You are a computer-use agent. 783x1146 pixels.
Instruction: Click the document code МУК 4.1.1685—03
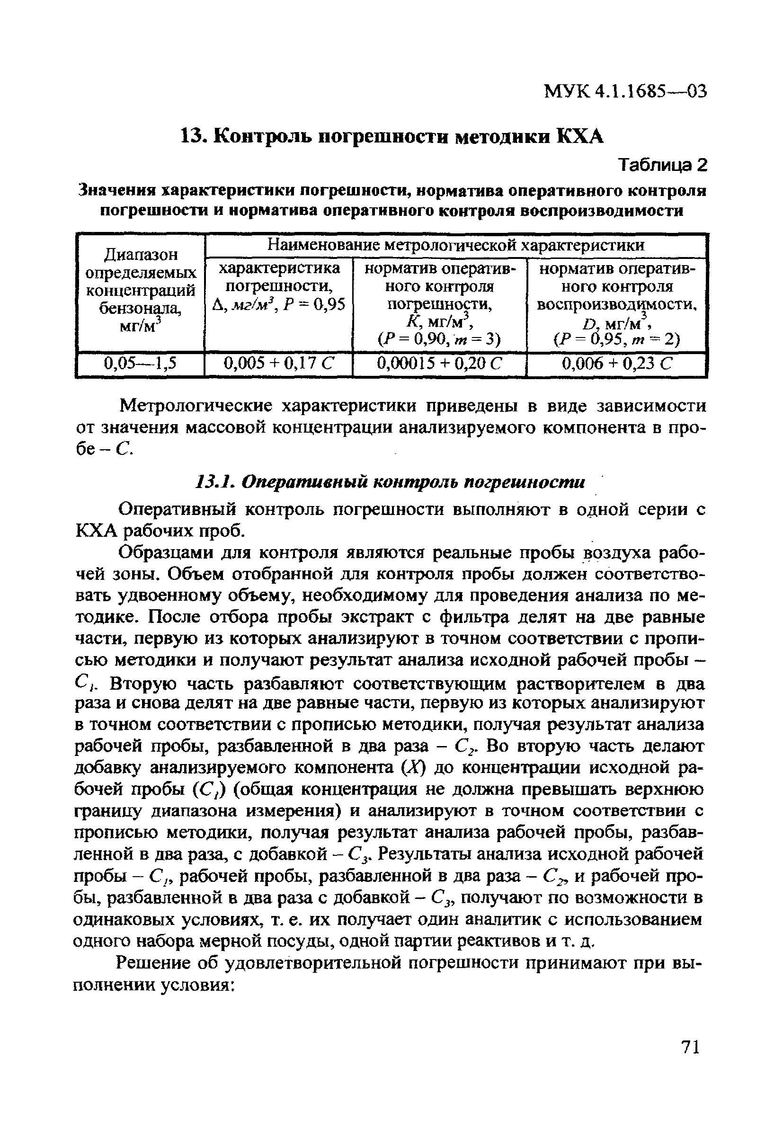pos(625,91)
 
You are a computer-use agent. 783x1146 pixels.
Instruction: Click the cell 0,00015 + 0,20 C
pos(439,364)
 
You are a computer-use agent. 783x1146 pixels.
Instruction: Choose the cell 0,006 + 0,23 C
pos(616,364)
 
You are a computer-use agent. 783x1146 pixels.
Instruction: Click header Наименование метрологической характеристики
pos(455,245)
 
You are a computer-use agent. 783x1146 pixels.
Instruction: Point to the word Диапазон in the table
pos(141,255)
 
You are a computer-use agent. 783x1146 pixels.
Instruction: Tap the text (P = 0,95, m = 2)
pos(616,339)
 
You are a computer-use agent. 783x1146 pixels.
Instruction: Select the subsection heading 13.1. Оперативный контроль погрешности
pos(390,482)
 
